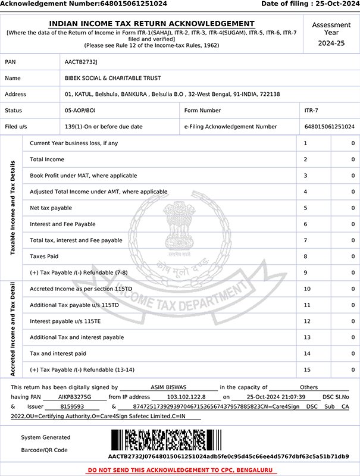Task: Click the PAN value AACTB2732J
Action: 80,62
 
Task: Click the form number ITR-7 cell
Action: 310,111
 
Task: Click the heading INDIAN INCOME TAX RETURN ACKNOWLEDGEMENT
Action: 152,24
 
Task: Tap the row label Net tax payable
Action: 51,208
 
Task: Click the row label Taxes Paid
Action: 44,256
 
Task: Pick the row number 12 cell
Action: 306,321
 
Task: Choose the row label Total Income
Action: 47,159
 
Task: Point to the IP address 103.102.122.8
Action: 186,396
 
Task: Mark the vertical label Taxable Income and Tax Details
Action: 12,208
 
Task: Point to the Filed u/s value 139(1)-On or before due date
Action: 104,127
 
